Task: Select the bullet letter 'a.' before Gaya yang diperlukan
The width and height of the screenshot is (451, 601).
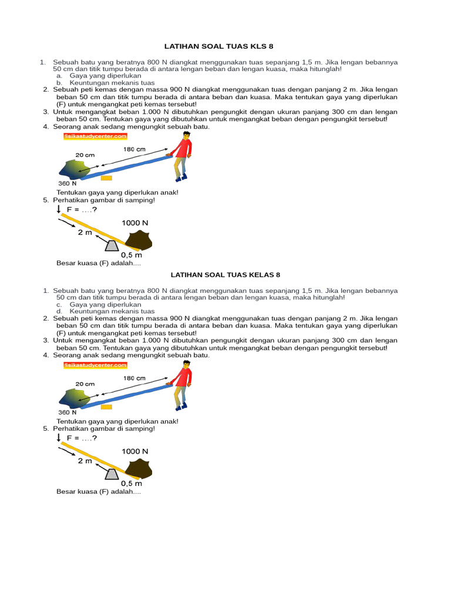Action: tap(59, 76)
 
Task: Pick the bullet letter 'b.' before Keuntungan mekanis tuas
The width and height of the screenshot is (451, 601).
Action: tap(59, 83)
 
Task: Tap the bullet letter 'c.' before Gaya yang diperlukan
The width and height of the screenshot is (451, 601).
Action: tap(59, 305)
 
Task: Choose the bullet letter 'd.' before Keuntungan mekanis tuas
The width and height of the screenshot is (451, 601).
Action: tap(59, 312)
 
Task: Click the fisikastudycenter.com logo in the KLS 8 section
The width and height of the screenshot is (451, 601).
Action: tap(95, 136)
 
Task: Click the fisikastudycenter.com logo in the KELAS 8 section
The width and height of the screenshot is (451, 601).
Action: tap(95, 364)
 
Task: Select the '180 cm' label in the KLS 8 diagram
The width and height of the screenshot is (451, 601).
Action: tap(134, 150)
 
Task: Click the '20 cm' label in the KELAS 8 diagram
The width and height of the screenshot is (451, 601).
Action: tap(85, 383)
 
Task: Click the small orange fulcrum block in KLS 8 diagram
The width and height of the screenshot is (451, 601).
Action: tap(106, 177)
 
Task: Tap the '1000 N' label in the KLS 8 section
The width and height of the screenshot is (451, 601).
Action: tap(135, 223)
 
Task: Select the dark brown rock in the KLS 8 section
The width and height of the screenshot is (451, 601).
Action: tap(138, 241)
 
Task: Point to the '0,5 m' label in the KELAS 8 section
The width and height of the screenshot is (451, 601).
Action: tap(132, 484)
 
